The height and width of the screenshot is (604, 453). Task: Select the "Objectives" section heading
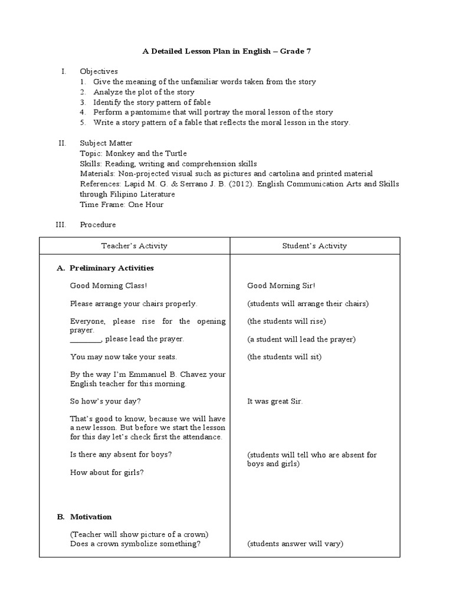point(99,71)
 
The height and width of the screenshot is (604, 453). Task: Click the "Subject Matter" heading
point(106,143)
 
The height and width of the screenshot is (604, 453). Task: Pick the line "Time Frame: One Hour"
point(122,204)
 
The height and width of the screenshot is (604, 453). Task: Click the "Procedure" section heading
point(98,225)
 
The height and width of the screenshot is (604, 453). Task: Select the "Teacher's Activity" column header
point(134,246)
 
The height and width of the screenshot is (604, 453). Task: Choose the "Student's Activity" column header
point(314,246)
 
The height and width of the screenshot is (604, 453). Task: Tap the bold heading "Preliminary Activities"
point(111,268)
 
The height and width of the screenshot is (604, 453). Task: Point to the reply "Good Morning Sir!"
point(281,286)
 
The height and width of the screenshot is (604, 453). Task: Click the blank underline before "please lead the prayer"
point(86,340)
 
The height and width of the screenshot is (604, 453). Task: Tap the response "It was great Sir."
point(275,402)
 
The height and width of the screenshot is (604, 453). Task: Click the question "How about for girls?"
point(107,472)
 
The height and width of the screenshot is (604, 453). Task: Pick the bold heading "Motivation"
point(91,517)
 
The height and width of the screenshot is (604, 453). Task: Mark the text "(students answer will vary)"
point(295,544)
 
